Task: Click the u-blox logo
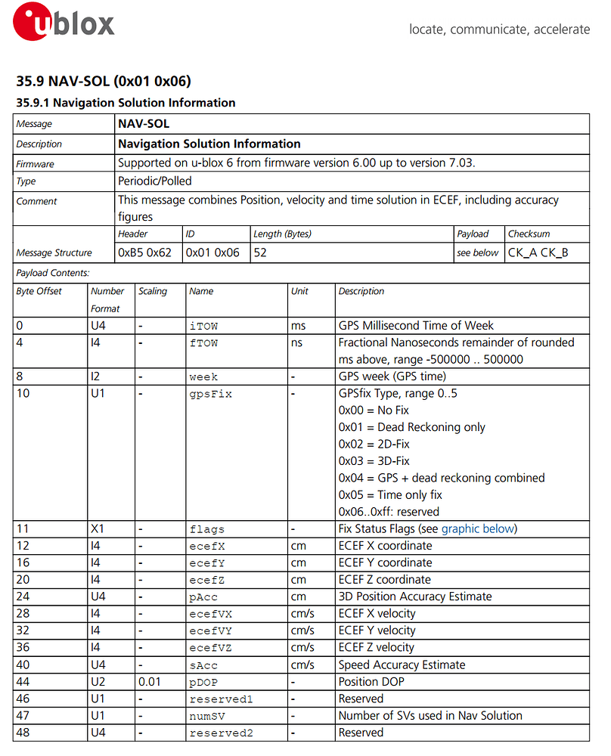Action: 65,24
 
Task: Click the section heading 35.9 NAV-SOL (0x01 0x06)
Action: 103,82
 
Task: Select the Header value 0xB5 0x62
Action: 144,253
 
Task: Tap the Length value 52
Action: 261,253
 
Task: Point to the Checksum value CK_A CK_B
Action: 538,253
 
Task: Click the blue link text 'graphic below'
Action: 477,528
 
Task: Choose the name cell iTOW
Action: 203,326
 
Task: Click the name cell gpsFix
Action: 210,394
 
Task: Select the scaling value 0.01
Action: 150,682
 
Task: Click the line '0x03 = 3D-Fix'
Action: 374,460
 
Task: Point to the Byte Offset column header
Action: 39,291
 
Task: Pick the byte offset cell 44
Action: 23,682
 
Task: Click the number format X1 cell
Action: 98,528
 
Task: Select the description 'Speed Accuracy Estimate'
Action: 402,665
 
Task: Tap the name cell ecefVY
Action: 208,631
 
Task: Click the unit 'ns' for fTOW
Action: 297,342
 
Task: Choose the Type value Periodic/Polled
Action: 155,181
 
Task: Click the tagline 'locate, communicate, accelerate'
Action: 499,29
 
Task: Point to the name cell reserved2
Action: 222,733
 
